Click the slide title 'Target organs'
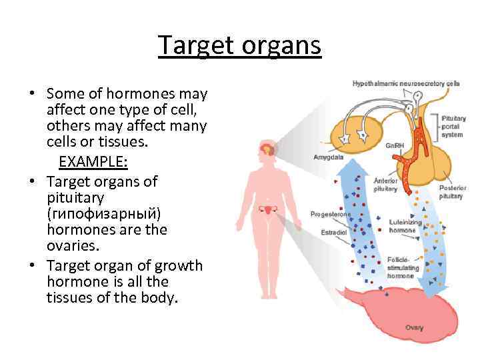pyautogui.click(x=239, y=46)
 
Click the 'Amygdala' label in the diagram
pyautogui.click(x=328, y=157)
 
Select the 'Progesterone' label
pyautogui.click(x=331, y=214)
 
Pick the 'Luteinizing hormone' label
pyautogui.click(x=402, y=226)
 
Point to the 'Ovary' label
pyautogui.click(x=414, y=327)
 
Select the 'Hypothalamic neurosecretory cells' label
pyautogui.click(x=406, y=83)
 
